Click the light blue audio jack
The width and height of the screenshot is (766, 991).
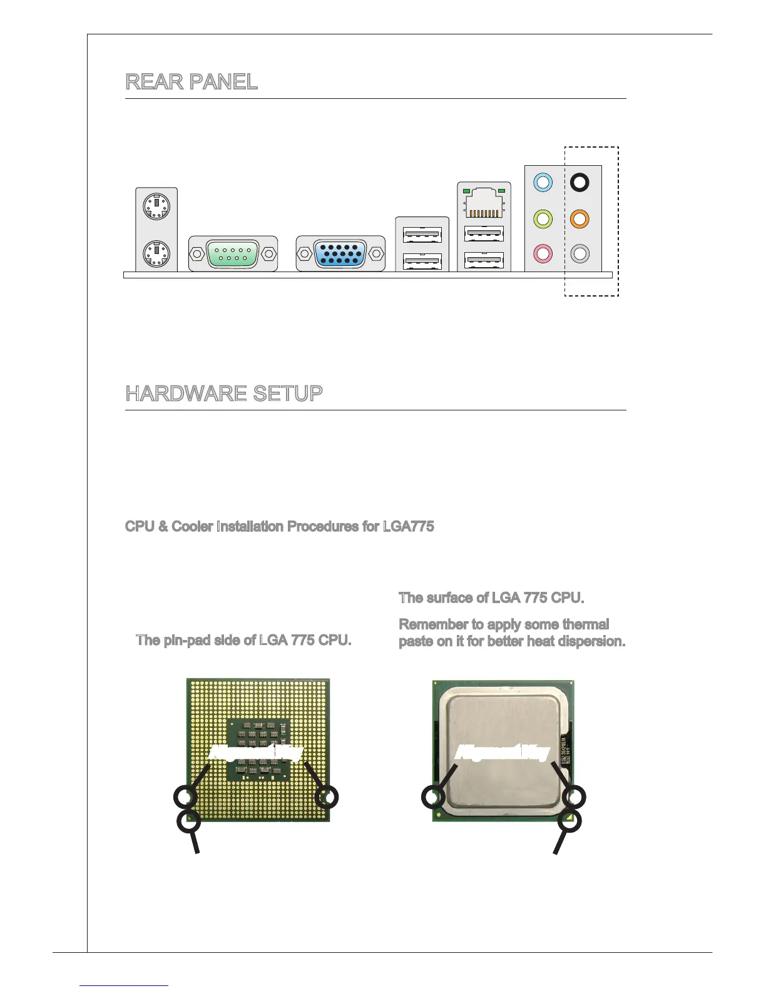pos(543,183)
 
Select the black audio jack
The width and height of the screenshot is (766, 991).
pos(580,183)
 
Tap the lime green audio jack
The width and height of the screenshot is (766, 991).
pos(543,219)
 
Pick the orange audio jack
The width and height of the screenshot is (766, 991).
pos(580,219)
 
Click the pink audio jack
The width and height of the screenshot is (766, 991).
pos(543,254)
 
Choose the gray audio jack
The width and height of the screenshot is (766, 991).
pos(580,254)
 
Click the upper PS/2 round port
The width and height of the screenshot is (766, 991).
pos(156,206)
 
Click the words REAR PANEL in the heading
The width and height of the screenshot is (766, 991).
pos(191,82)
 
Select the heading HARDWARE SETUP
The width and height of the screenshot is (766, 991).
pos(224,394)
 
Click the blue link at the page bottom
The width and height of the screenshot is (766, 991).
pos(124,985)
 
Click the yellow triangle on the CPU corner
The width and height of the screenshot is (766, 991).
pos(569,816)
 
